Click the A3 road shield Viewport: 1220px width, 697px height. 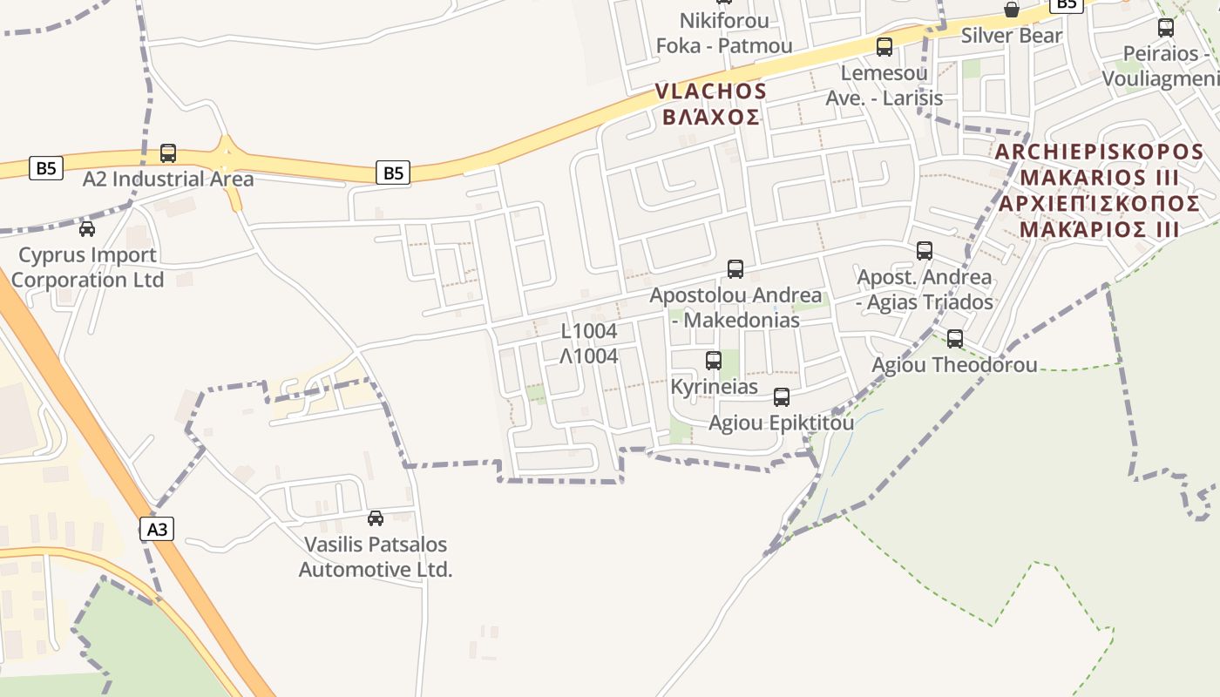coord(157,529)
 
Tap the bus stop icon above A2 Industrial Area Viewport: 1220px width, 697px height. coord(168,153)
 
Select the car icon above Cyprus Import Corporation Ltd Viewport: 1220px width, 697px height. coord(87,229)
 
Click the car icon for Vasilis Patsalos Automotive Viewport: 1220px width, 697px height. coord(376,518)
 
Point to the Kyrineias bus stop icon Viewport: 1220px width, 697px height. coord(714,360)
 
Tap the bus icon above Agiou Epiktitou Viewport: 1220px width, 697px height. coord(782,397)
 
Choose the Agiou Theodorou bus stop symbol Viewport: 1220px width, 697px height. coord(955,339)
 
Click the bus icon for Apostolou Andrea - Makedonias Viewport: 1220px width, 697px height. coord(735,269)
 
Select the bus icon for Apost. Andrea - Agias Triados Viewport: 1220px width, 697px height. coord(925,251)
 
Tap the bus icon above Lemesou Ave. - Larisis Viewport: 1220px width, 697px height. coord(884,47)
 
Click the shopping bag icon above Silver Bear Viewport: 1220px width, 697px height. coord(1012,10)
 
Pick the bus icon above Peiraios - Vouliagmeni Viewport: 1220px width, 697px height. coord(1166,27)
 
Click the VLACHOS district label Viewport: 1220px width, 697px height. coord(711,91)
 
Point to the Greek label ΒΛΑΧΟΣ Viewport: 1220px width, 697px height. coord(711,117)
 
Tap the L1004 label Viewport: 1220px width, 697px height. coord(589,331)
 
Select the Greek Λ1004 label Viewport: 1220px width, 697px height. coord(589,356)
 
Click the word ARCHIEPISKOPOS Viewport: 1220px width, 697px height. coord(1099,152)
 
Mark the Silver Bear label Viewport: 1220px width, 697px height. coord(1012,36)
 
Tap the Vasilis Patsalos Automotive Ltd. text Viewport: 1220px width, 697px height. coord(376,558)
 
